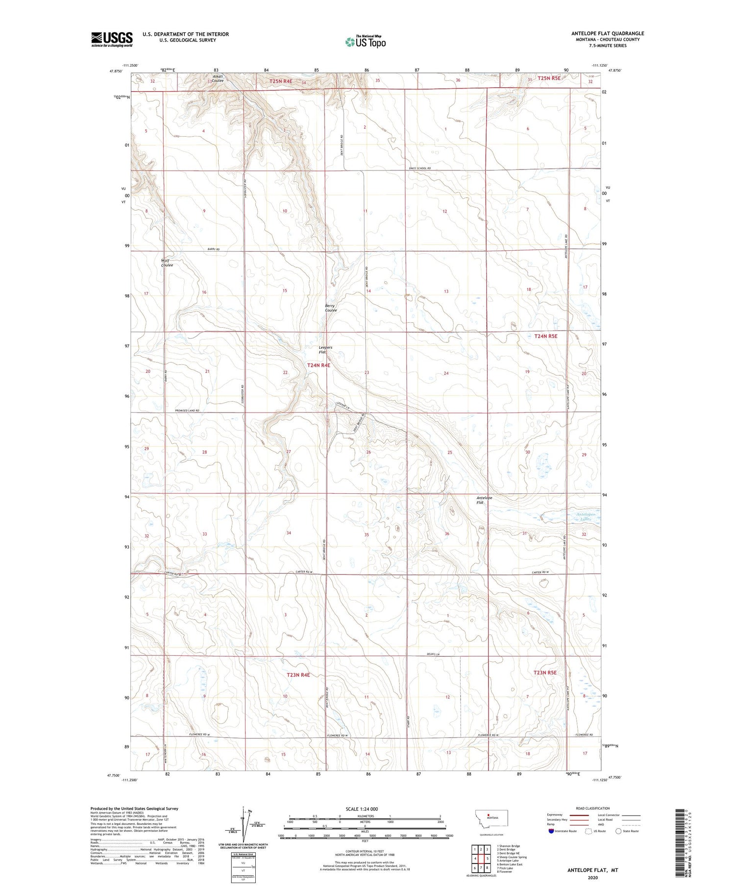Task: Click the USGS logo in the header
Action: tap(112, 39)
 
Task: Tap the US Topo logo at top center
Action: tap(366, 42)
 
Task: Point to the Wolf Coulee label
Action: tap(167, 263)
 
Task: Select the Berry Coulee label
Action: tap(331, 308)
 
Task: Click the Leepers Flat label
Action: tap(325, 350)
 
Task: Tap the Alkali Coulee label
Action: tap(218, 78)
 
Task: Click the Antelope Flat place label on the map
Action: tap(484, 500)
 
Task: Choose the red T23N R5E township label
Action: tap(545, 672)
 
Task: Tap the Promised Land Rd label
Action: tap(187, 410)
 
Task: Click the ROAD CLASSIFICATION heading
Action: tap(593, 808)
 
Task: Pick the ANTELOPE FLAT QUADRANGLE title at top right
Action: tap(608, 33)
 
